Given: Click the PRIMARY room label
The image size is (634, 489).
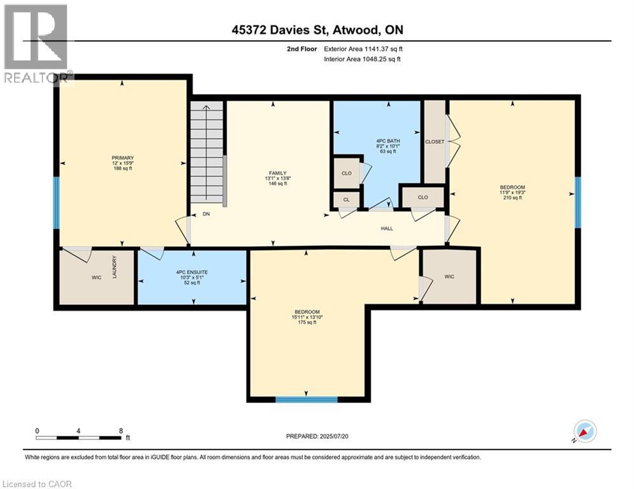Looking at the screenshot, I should coord(122,158).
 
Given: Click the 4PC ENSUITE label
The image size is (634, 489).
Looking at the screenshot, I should coord(192,272).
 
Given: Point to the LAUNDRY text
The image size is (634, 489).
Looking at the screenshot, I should coord(115,266).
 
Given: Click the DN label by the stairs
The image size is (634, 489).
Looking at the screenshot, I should coord(206,215).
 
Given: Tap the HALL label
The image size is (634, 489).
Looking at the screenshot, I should coord(387,228).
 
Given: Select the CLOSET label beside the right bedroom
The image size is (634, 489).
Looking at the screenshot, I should coord(435,141).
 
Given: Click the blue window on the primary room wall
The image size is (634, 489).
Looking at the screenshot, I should coord(56,202).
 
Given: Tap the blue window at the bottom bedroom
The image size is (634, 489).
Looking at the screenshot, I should coord(306,399).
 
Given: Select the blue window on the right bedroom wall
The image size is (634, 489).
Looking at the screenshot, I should coord(578,202).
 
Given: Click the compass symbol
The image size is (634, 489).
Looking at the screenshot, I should coord(585,432).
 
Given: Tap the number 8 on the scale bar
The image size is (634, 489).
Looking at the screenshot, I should coord(120,431).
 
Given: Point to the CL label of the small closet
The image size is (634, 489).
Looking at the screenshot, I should coord(346,199).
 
